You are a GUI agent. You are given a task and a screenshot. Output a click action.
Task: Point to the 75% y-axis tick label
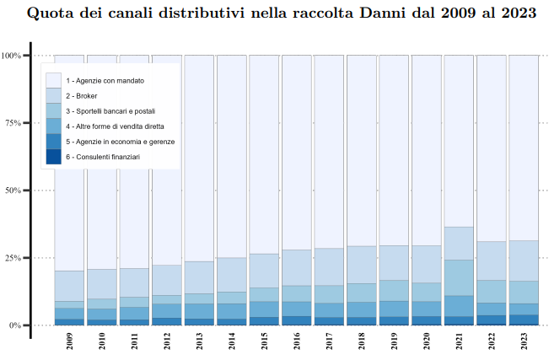13,123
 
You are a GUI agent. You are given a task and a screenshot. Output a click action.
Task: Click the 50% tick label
13,191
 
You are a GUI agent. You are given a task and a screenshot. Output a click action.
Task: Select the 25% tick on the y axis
13,258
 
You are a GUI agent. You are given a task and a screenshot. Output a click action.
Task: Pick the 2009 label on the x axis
69,342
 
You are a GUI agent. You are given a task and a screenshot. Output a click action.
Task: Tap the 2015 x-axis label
265,342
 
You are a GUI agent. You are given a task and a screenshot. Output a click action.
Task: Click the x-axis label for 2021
460,342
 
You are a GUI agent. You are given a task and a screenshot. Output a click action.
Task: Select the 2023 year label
525,342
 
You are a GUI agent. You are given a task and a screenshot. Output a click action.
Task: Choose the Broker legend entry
81,96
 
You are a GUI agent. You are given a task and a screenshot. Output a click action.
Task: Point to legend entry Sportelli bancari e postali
110,111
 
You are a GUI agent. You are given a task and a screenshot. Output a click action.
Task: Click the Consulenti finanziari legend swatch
54,157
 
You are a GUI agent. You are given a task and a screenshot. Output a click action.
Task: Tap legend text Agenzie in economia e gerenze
120,142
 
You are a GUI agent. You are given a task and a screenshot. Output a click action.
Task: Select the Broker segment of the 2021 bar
459,243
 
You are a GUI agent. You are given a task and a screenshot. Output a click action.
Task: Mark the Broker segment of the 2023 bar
524,261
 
